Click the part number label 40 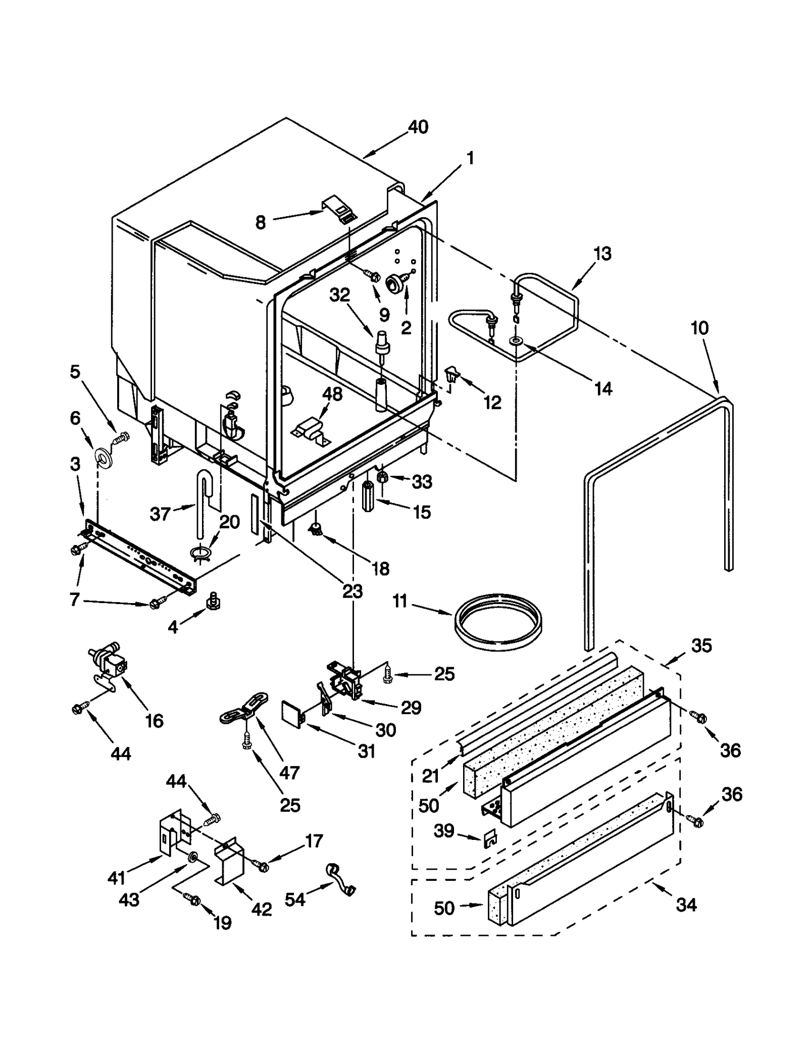418,127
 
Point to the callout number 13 602,254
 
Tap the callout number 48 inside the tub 332,394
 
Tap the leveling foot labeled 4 213,602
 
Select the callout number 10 699,328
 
